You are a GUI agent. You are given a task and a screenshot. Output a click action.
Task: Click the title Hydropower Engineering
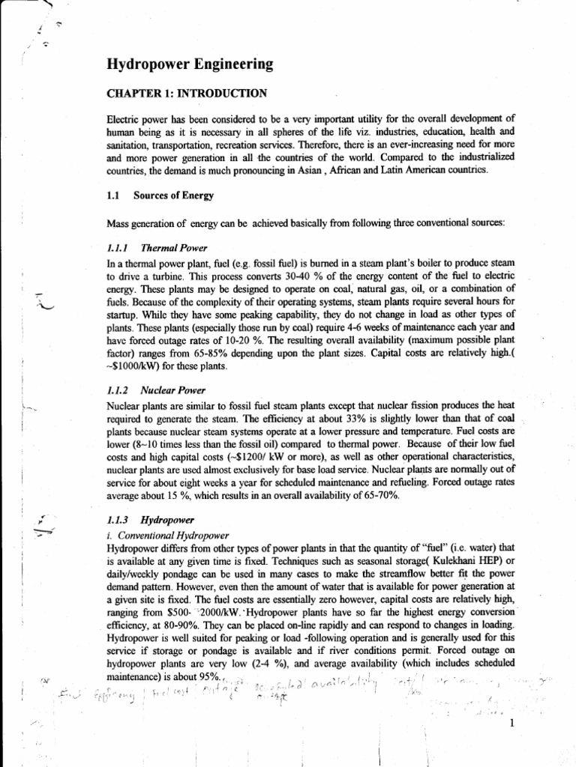190,65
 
